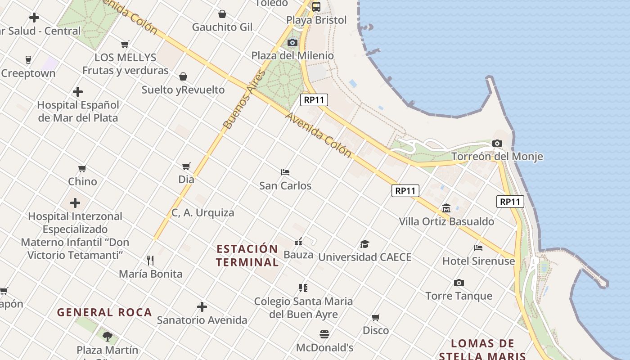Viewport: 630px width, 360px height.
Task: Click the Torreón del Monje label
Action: [497, 157]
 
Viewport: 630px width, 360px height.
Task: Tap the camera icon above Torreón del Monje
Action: [497, 143]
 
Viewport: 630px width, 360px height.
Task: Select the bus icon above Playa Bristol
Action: [316, 6]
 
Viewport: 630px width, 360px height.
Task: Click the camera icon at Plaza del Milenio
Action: [292, 42]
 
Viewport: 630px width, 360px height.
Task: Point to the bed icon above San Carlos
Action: [285, 172]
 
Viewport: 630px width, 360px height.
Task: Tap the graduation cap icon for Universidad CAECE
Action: [364, 244]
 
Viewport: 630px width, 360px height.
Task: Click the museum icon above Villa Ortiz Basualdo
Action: [446, 208]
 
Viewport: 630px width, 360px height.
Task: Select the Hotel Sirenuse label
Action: [478, 261]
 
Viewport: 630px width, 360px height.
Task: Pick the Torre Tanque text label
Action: [459, 296]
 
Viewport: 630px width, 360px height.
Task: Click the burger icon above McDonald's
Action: [324, 334]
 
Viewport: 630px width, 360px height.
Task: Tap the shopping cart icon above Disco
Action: [376, 317]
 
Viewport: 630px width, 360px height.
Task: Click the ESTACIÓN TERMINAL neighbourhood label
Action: [247, 255]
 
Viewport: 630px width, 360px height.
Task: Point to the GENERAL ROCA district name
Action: [104, 312]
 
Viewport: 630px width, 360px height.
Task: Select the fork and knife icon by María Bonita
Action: [150, 260]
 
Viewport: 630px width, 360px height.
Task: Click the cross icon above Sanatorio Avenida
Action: [202, 307]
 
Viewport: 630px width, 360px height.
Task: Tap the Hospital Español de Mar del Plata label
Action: [78, 112]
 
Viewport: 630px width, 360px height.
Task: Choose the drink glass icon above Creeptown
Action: [28, 60]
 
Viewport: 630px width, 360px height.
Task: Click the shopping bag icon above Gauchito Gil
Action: [222, 14]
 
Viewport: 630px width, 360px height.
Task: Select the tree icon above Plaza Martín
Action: [107, 336]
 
